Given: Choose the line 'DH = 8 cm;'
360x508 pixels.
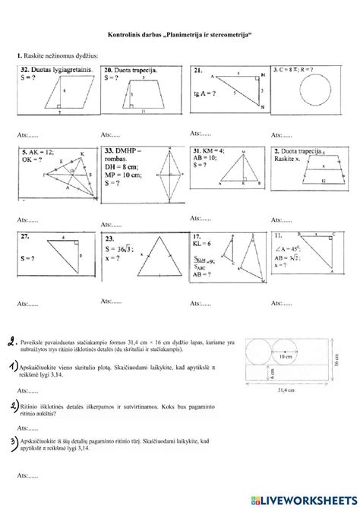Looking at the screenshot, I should click(x=121, y=167).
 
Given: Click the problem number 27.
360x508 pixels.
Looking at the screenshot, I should click(x=27, y=237).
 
